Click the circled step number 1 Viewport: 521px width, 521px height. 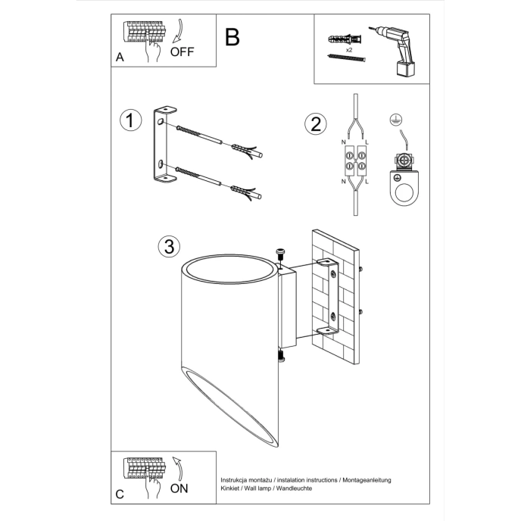pyautogui.click(x=131, y=120)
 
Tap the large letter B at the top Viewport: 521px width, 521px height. pyautogui.click(x=232, y=36)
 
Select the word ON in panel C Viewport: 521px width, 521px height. pyautogui.click(x=179, y=488)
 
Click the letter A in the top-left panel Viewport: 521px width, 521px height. pyautogui.click(x=120, y=58)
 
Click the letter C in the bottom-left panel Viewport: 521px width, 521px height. pyautogui.click(x=120, y=494)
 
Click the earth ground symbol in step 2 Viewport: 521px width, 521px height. pyautogui.click(x=393, y=119)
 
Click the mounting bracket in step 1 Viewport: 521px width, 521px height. pyautogui.click(x=164, y=147)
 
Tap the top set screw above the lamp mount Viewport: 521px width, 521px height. pyautogui.click(x=281, y=253)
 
